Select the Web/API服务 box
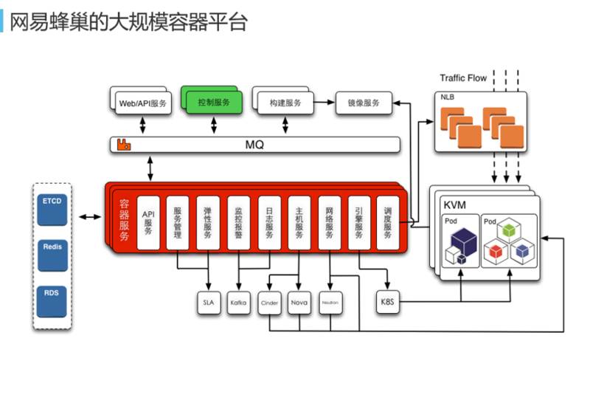pyautogui.click(x=143, y=103)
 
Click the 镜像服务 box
pyautogui.click(x=364, y=103)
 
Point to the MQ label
pyautogui.click(x=254, y=145)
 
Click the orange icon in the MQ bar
pyautogui.click(x=124, y=145)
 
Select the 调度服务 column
pyautogui.click(x=387, y=220)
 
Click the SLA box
pyautogui.click(x=208, y=303)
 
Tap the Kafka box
pyautogui.click(x=238, y=303)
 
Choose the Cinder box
pyautogui.click(x=268, y=303)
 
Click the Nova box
pyautogui.click(x=299, y=303)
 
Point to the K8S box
pyautogui.click(x=387, y=303)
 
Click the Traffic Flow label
pyautogui.click(x=463, y=78)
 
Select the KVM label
pyautogui.click(x=455, y=204)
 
